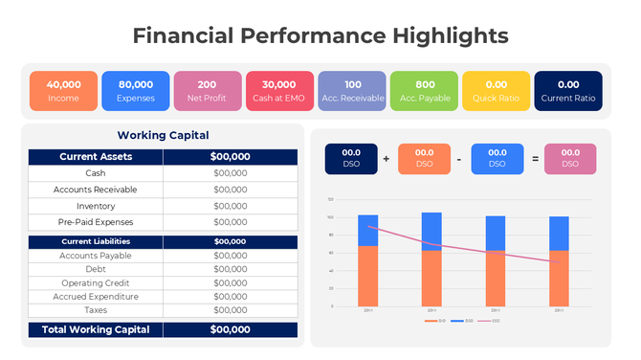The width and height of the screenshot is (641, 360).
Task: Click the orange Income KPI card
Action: click(x=63, y=90)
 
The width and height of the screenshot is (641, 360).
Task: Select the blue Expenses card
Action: click(x=136, y=90)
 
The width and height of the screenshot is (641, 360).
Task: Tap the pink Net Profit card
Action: click(x=208, y=90)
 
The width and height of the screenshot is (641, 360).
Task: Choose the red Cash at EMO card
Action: click(x=279, y=90)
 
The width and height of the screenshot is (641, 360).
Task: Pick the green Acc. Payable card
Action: click(x=425, y=90)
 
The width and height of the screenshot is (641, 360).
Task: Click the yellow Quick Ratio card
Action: click(x=497, y=90)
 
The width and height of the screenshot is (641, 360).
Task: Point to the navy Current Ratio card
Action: click(x=568, y=90)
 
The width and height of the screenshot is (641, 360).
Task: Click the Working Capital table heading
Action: click(x=163, y=136)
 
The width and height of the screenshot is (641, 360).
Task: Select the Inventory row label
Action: click(x=96, y=206)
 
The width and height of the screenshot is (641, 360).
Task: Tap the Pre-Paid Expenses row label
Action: click(x=96, y=222)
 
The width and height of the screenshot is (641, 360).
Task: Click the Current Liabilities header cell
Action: click(x=96, y=241)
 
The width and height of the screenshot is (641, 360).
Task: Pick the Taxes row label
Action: click(x=96, y=310)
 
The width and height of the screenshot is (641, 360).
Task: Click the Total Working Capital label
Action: click(x=96, y=329)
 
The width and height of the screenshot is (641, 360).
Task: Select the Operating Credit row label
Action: click(x=96, y=283)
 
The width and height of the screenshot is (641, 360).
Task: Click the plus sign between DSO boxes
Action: click(x=386, y=158)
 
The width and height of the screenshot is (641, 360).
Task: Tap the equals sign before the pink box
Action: click(x=534, y=158)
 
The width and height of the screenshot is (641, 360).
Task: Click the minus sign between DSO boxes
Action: click(x=459, y=158)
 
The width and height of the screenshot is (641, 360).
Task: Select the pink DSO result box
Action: click(x=570, y=158)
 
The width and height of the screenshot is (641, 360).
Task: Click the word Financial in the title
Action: click(x=182, y=36)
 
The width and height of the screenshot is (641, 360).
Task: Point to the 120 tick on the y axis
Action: click(x=330, y=199)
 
